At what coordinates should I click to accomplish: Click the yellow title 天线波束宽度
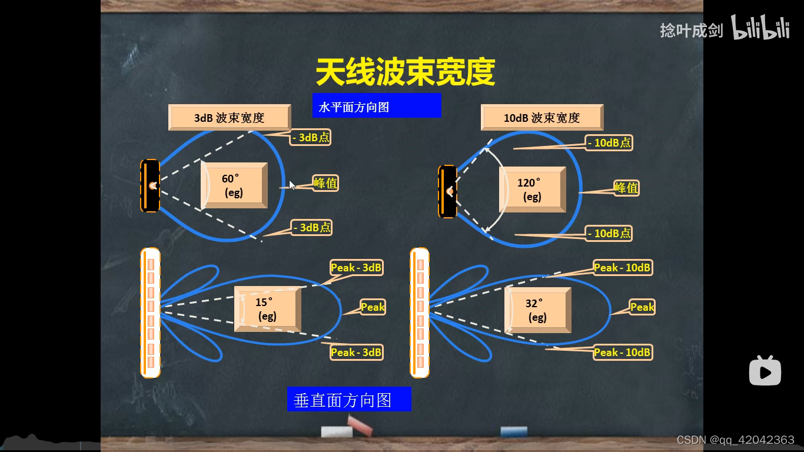[x=405, y=72]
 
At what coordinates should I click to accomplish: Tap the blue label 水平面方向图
[x=376, y=106]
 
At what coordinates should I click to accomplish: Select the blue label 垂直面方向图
[x=348, y=400]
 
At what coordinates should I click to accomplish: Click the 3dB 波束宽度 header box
[x=230, y=118]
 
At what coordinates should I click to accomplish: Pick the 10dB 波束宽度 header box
[x=542, y=118]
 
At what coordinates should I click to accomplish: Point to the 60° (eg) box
[x=234, y=185]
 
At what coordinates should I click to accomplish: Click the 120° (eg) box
[x=532, y=190]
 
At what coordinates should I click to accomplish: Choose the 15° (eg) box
[x=267, y=309]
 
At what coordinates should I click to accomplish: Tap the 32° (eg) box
[x=537, y=310]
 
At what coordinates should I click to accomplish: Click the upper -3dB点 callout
[x=311, y=138]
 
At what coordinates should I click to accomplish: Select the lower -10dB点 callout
[x=609, y=234]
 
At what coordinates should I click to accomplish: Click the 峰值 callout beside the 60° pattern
[x=325, y=183]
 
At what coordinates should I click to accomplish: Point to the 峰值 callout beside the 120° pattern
[x=626, y=188]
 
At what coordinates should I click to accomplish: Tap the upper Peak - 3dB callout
[x=356, y=268]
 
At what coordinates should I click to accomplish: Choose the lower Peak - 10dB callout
[x=622, y=353]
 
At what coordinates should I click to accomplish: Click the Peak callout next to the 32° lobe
[x=642, y=307]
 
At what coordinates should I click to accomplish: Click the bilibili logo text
[x=760, y=28]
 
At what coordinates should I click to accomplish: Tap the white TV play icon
[x=765, y=371]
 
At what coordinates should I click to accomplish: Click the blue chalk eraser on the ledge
[x=513, y=432]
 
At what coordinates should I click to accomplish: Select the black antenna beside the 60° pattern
[x=150, y=185]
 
